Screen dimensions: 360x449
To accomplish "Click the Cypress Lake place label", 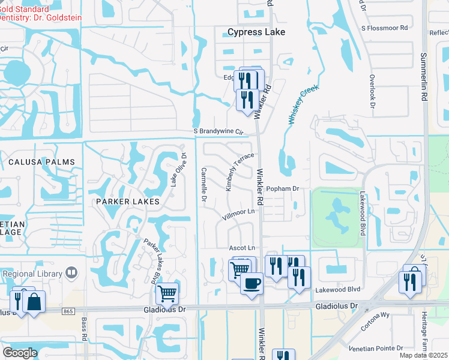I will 256,32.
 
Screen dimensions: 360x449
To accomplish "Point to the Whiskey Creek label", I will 304,104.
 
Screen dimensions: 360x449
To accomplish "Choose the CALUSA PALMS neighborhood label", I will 42,162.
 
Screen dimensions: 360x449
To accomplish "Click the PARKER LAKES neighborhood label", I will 128,202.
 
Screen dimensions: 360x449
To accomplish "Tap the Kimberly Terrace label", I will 240,172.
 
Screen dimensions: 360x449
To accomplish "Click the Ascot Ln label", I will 242,248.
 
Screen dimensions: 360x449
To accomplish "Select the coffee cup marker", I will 251,283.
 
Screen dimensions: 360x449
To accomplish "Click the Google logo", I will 20,352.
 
